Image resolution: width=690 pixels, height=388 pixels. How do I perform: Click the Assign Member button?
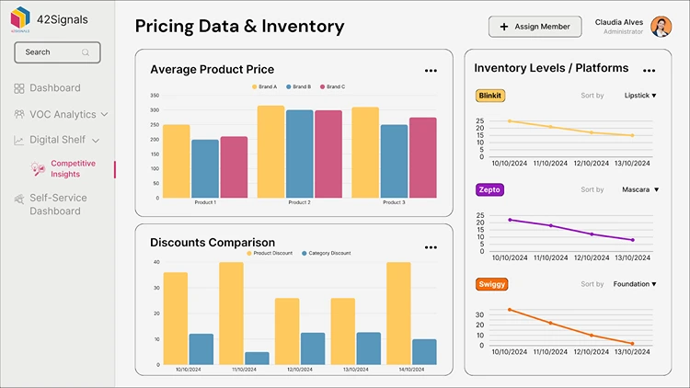pos(535,27)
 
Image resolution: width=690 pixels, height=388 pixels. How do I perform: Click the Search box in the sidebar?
pos(57,52)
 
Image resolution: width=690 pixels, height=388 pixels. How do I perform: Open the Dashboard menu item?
pos(54,88)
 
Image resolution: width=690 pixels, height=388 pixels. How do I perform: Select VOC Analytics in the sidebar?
pos(62,114)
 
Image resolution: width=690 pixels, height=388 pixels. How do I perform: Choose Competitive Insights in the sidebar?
pos(71,168)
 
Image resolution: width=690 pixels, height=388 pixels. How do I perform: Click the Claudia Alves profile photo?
pos(661,27)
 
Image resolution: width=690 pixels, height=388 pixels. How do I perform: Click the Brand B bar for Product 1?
pos(204,169)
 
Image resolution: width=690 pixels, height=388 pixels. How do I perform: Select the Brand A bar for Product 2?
pos(270,152)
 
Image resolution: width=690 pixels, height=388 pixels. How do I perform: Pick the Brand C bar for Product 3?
pos(422,157)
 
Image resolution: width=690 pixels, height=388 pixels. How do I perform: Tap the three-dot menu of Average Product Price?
pos(431,70)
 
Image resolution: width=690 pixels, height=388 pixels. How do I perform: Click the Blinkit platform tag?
pos(490,96)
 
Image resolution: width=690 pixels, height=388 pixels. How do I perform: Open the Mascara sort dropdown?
pos(640,189)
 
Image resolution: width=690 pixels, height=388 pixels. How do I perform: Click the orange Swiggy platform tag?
pos(492,284)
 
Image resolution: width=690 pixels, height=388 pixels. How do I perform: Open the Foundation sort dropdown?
pos(636,284)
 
